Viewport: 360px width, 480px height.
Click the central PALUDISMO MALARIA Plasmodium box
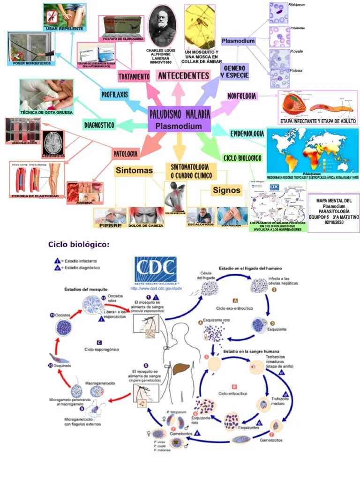[179, 119]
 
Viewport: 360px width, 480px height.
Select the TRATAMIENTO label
[134, 76]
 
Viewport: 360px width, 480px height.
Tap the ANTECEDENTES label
[183, 75]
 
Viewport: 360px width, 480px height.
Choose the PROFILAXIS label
[115, 94]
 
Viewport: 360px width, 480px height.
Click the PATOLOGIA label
[125, 153]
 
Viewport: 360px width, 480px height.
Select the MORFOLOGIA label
[242, 96]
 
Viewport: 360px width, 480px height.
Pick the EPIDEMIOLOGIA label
[247, 134]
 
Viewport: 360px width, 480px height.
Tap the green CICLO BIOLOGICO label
[242, 158]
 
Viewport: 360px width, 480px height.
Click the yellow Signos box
[226, 190]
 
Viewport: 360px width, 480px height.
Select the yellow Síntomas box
[134, 171]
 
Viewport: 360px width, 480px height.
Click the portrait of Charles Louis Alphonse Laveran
[162, 25]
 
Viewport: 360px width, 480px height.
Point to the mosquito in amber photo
[200, 25]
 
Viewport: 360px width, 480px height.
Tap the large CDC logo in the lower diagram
[155, 269]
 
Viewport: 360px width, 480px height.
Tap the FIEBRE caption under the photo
[110, 225]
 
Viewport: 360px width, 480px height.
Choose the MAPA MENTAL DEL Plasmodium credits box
[334, 212]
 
